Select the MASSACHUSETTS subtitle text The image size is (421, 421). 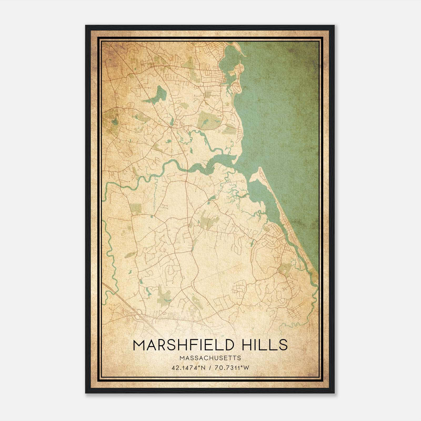pos(210,358)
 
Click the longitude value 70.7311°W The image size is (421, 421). pos(232,368)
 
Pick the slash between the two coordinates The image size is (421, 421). pos(210,368)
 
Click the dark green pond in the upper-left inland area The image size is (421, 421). pos(160,93)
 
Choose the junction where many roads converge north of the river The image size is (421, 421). pos(171,127)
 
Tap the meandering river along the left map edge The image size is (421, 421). pos(111,253)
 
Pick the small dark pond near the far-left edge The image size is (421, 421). pos(114,122)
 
